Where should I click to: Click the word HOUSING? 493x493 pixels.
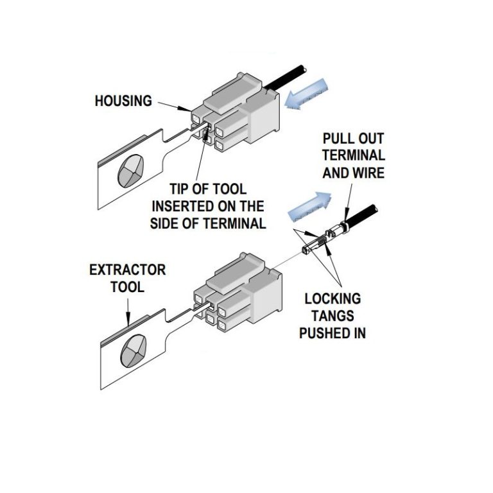click(123, 101)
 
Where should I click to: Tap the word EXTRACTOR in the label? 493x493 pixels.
click(127, 269)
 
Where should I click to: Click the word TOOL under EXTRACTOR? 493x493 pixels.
click(128, 286)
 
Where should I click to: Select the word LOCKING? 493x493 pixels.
click(332, 299)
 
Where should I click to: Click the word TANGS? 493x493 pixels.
click(332, 316)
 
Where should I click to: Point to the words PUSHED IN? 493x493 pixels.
click(332, 333)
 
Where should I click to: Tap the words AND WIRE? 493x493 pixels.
click(353, 172)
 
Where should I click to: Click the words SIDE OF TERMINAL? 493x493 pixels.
click(208, 223)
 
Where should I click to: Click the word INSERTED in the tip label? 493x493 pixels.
click(207, 206)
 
